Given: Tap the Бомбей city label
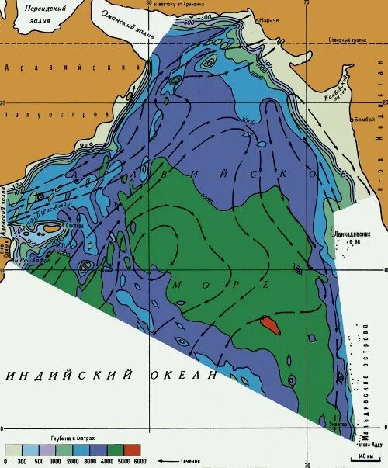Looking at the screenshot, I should [x=341, y=122].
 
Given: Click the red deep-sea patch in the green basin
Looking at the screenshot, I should [x=271, y=323].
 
